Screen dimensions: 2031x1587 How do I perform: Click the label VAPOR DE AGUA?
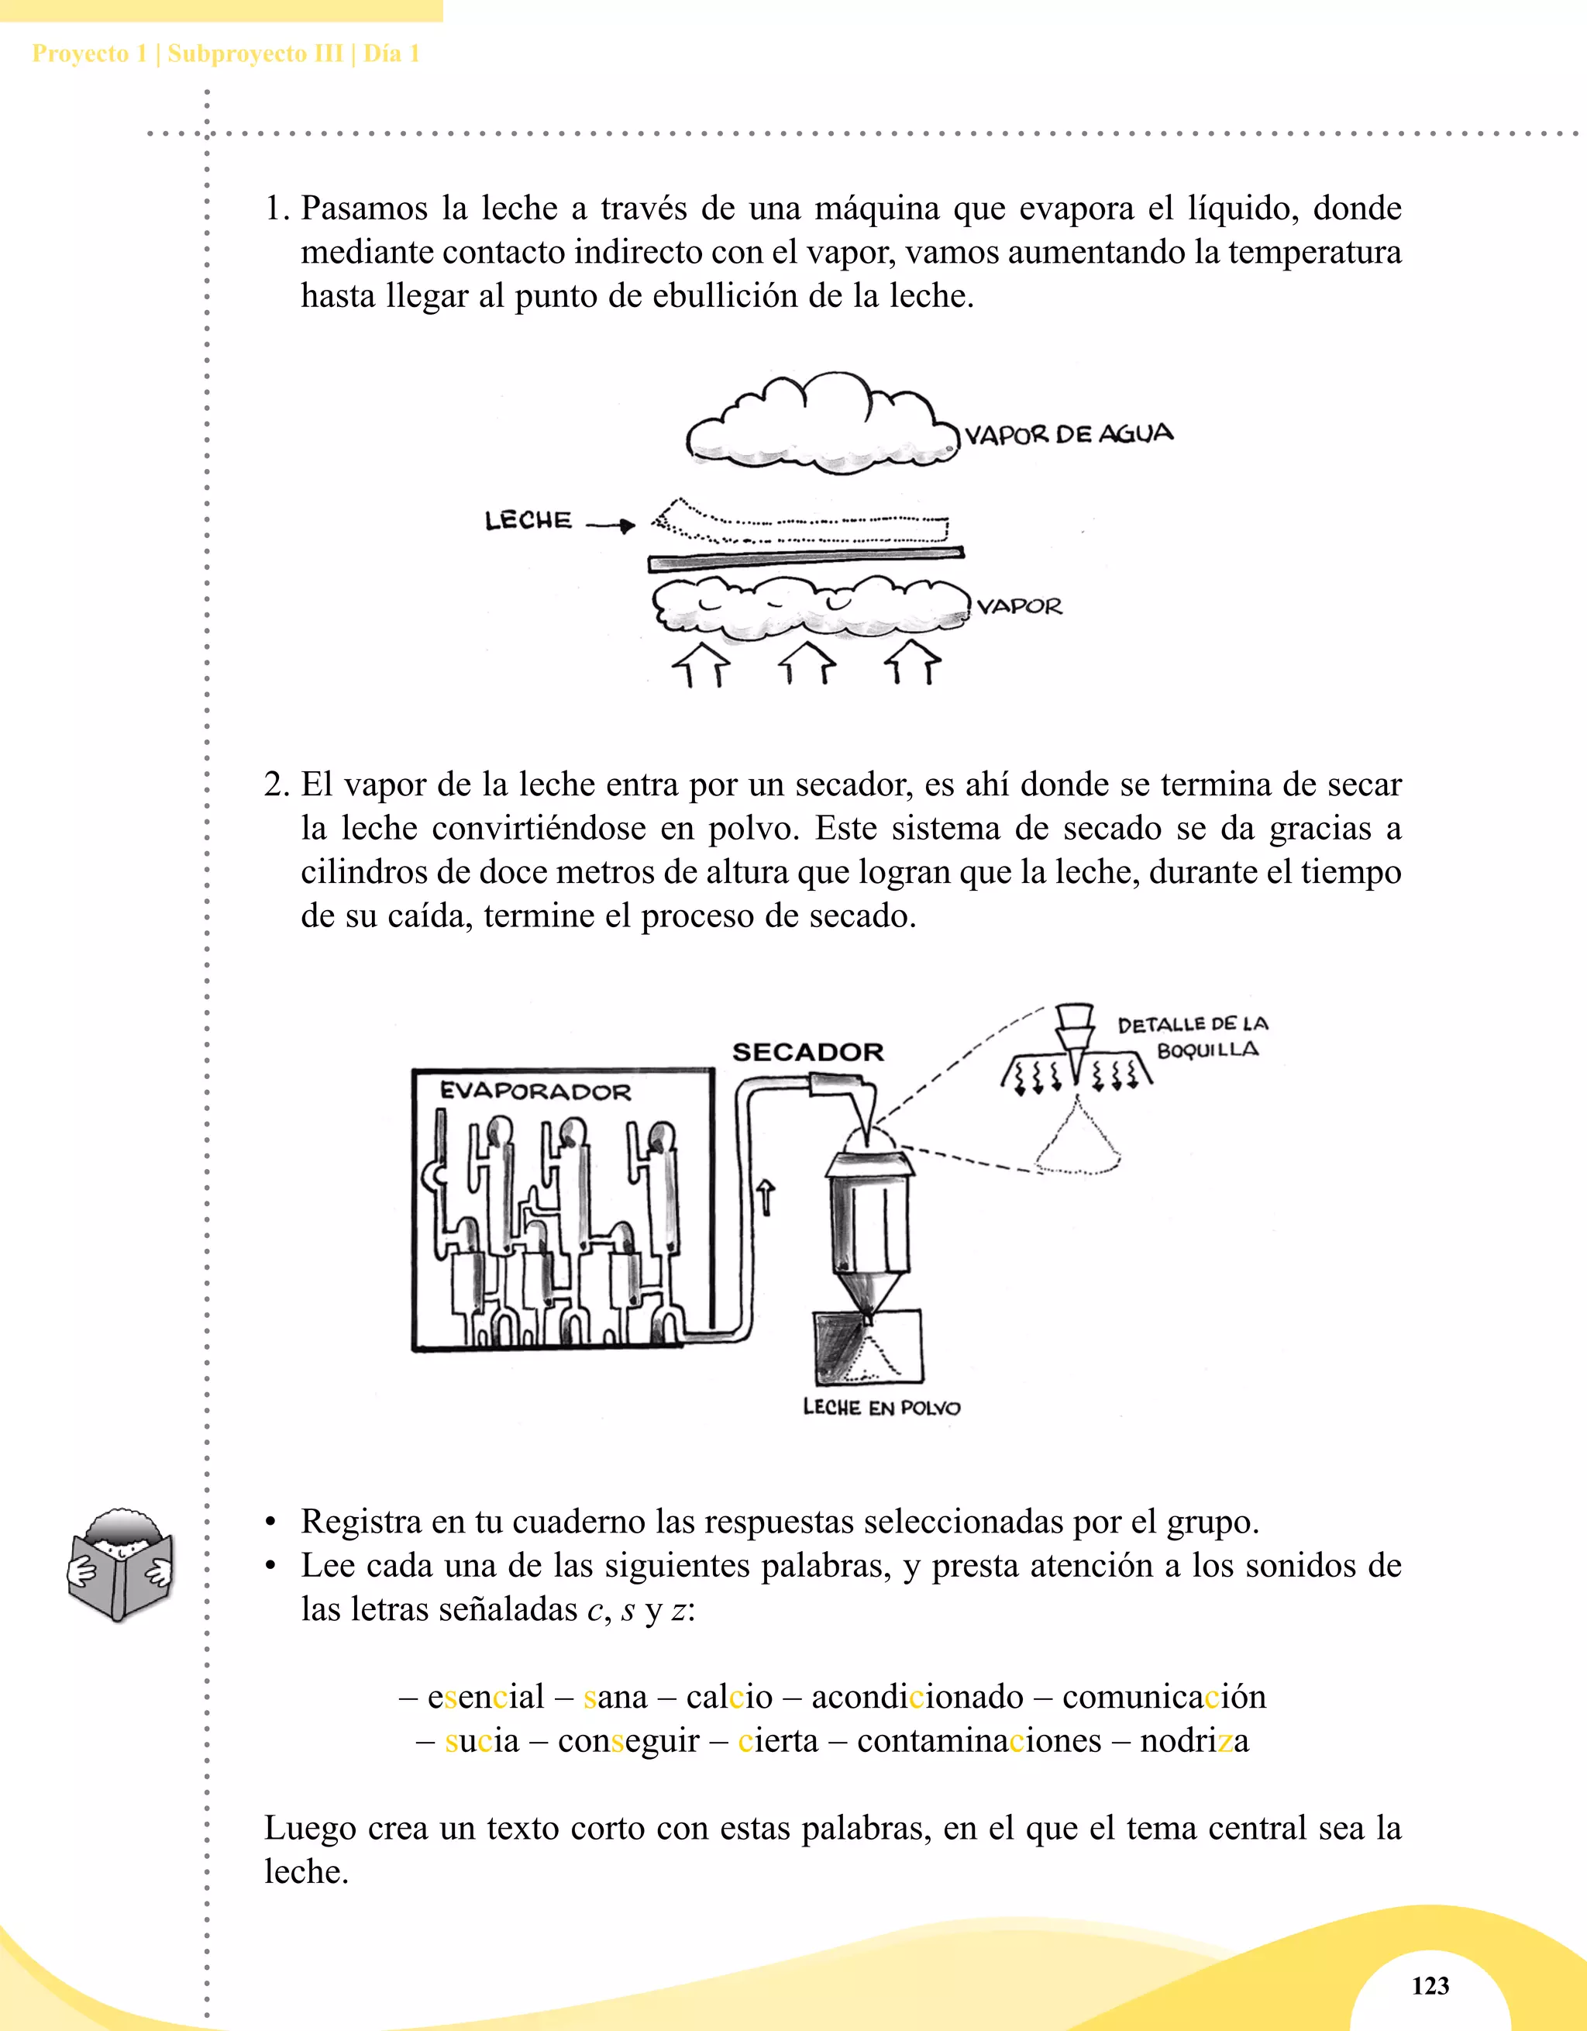1069,434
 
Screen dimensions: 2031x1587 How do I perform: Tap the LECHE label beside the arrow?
528,520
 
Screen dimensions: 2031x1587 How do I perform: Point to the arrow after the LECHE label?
611,526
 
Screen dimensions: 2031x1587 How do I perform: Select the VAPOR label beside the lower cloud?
1019,606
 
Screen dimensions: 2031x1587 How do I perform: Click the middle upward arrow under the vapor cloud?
807,662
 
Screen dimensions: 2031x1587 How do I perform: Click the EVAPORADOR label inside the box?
535,1091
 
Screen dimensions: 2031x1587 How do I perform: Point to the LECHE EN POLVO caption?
881,1408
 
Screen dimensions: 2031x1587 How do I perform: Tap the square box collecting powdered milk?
869,1347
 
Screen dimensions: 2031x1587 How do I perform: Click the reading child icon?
121,1566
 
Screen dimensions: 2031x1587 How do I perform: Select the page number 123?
1430,1985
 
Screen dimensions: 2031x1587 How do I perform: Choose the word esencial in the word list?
485,1696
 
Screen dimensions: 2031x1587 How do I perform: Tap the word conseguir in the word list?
628,1740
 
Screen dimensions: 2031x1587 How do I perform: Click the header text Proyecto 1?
89,54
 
